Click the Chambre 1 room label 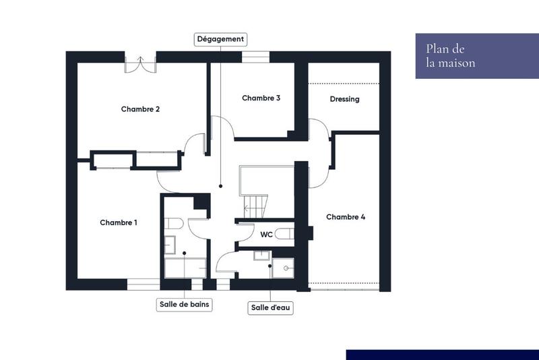(x=119, y=222)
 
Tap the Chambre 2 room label (x=140, y=109)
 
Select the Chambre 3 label (x=261, y=98)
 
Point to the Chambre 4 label (x=346, y=217)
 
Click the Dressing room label (x=344, y=99)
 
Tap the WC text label (x=266, y=235)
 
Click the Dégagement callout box (x=220, y=39)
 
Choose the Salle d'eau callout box (x=272, y=307)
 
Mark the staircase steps (x=255, y=206)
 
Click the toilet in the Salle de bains (x=172, y=224)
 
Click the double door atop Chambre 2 (x=141, y=63)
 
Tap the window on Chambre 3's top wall (x=255, y=57)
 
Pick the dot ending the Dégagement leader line (x=220, y=185)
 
